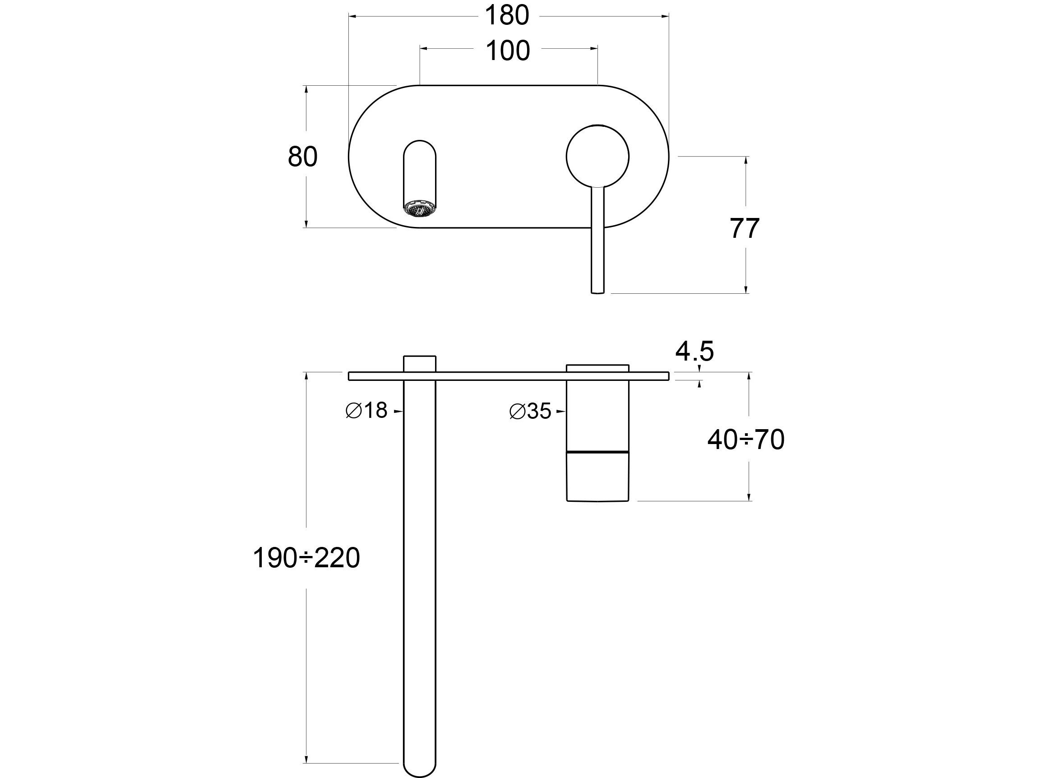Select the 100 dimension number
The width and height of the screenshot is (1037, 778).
[x=508, y=51]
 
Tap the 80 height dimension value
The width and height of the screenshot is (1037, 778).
[x=302, y=157]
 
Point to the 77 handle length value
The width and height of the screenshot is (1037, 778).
[x=745, y=228]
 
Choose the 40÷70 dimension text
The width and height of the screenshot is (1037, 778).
[x=745, y=440]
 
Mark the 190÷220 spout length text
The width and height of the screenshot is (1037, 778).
[x=306, y=558]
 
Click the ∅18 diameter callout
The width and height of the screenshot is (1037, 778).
[x=366, y=411]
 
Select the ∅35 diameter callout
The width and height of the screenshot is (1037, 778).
[x=530, y=411]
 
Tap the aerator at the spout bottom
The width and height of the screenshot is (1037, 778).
[x=420, y=209]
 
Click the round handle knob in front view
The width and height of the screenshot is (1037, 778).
[x=597, y=157]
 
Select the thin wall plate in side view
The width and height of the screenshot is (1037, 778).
[x=508, y=375]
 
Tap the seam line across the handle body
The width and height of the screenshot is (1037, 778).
[x=597, y=452]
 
